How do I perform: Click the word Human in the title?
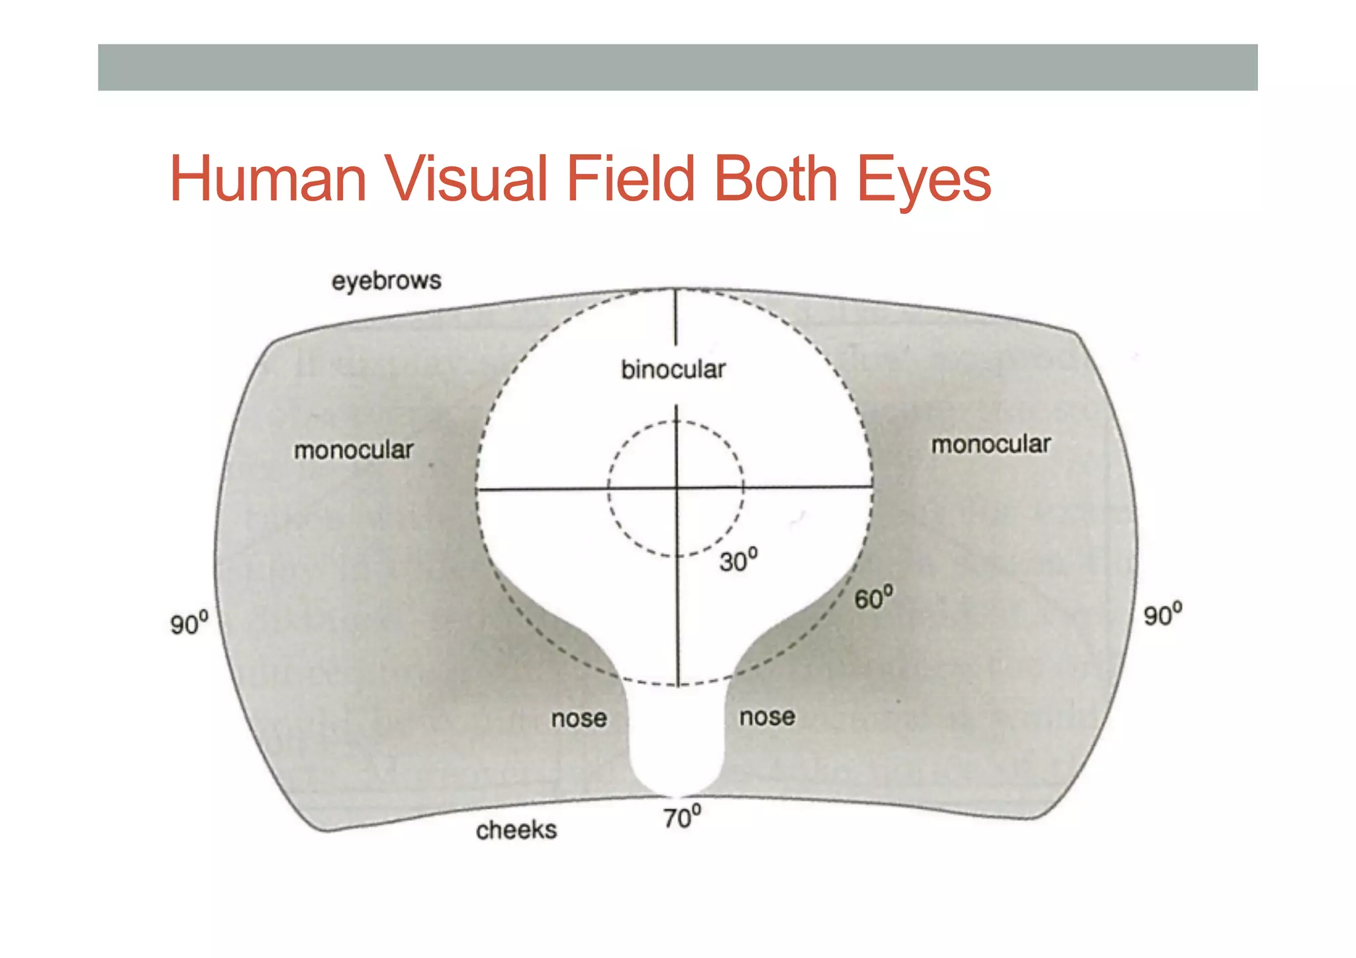click(267, 179)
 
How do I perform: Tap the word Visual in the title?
click(466, 179)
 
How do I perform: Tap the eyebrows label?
click(386, 281)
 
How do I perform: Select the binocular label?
click(673, 369)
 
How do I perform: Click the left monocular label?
click(354, 450)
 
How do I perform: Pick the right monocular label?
click(991, 444)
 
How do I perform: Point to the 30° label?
click(738, 561)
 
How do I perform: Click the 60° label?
click(873, 598)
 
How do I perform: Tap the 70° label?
click(681, 818)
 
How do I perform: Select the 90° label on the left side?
click(189, 624)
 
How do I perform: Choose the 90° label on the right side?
click(1162, 614)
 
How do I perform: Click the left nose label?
click(579, 718)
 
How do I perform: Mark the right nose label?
click(767, 717)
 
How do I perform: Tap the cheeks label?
click(516, 830)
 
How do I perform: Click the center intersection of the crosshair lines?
click(677, 489)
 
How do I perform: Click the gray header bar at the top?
click(677, 68)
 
